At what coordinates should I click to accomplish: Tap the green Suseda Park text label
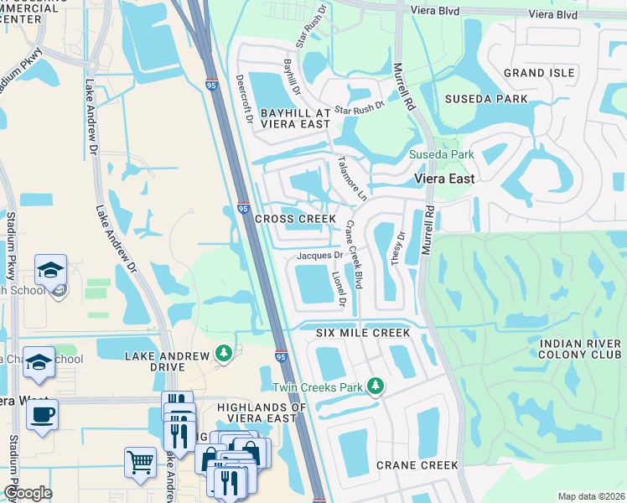441,154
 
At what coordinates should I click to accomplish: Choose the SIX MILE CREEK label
363,333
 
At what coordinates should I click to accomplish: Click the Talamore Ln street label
352,178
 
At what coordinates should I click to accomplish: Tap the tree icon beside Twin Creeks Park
377,386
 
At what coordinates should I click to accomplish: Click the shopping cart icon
140,462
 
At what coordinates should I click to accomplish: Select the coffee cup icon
42,413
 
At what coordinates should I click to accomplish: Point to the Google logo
28,493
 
